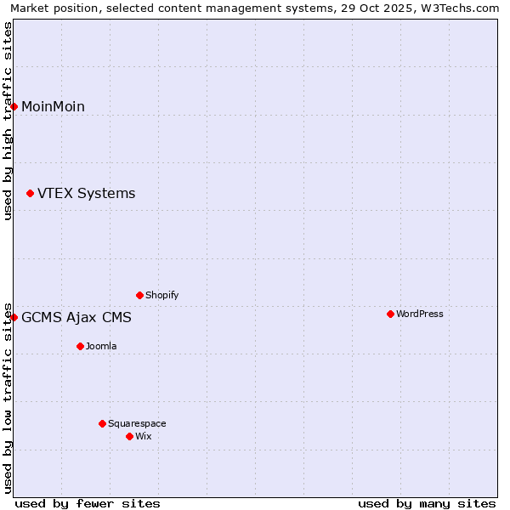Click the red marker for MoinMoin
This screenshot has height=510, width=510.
click(x=14, y=106)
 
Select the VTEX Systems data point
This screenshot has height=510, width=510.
click(x=31, y=194)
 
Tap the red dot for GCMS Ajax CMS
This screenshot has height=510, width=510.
click(x=14, y=317)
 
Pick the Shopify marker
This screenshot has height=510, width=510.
click(x=140, y=295)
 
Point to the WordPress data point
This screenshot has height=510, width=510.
click(x=391, y=314)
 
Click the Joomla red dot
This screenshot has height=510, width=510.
click(x=81, y=346)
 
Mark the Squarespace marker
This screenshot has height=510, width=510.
click(x=103, y=423)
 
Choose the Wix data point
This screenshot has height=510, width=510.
click(x=130, y=436)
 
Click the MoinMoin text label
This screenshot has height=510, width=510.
click(x=53, y=106)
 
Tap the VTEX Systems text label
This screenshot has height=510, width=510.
click(x=86, y=194)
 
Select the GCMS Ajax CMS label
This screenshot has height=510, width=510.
click(x=76, y=318)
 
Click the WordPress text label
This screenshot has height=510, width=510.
click(x=420, y=314)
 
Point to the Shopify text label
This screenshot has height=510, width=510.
click(x=162, y=295)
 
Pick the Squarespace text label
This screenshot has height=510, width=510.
click(x=137, y=423)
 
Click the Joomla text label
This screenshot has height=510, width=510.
click(x=101, y=346)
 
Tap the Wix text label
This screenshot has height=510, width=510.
click(x=144, y=436)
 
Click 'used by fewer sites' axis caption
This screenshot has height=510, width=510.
click(x=88, y=503)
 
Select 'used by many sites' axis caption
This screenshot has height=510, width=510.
click(x=427, y=503)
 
